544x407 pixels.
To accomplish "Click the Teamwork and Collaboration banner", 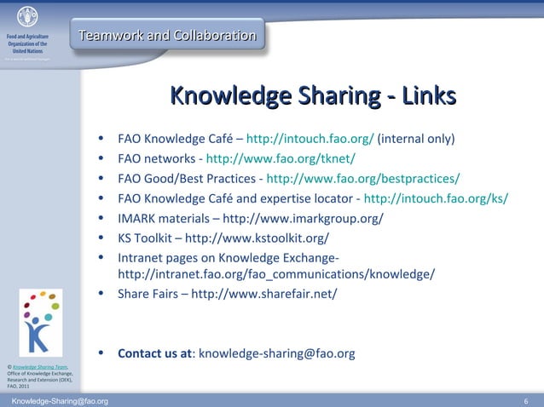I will click(x=167, y=36).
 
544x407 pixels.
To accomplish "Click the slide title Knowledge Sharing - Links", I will click(x=313, y=96).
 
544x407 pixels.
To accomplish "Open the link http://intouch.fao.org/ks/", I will click(x=436, y=198).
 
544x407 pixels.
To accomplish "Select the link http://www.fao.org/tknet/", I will click(x=281, y=158).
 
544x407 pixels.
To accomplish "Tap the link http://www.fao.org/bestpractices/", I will click(x=363, y=178).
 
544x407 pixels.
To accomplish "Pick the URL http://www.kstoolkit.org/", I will click(x=257, y=238).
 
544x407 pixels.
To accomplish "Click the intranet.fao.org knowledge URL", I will click(x=276, y=274).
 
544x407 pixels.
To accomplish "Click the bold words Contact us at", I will click(x=155, y=353).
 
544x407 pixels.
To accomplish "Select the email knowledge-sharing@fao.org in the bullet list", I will click(x=276, y=353).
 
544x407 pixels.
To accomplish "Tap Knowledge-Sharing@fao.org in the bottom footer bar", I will click(x=60, y=400).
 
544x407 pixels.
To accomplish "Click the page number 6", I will click(x=526, y=400).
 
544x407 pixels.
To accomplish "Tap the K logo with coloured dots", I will click(x=40, y=321).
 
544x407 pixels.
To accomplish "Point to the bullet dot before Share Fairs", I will click(x=101, y=294).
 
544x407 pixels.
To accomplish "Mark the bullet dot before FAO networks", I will click(x=101, y=158).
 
